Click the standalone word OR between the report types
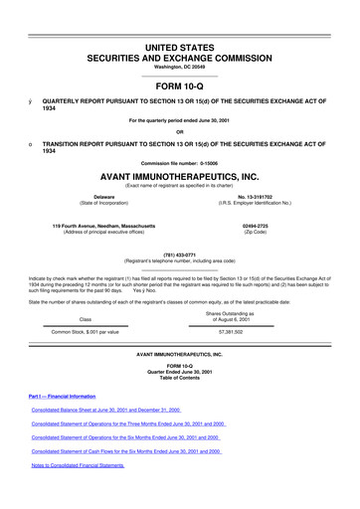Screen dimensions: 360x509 click(x=179, y=132)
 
